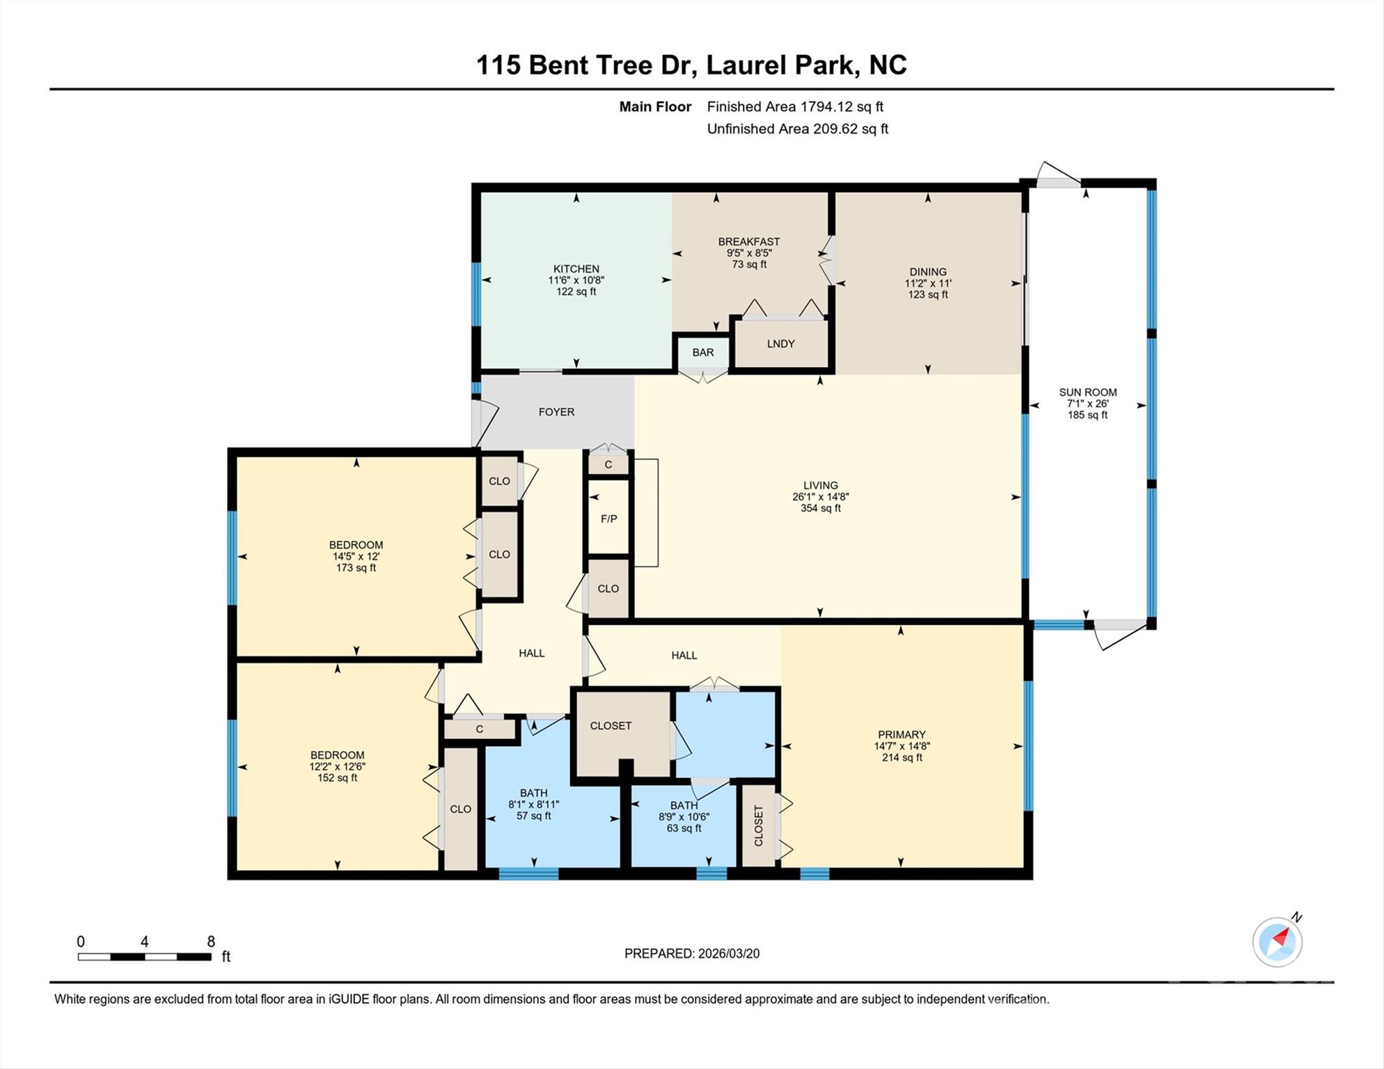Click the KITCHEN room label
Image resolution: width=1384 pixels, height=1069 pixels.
[576, 269]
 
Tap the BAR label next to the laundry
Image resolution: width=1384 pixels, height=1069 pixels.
[702, 352]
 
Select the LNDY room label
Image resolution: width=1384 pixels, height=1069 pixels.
[780, 344]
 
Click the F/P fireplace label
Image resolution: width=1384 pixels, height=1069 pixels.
[608, 519]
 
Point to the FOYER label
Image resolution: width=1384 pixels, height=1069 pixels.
[556, 412]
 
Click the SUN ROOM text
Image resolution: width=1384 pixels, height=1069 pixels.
[1087, 393]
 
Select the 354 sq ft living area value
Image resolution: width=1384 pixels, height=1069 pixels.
[820, 509]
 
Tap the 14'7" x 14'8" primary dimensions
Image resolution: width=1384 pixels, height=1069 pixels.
[902, 746]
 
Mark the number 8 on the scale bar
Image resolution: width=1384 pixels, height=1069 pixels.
[211, 942]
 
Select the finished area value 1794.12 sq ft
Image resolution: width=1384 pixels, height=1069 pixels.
[841, 106]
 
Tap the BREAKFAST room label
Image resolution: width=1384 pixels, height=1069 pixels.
[749, 241]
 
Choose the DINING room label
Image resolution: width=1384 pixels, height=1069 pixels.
[927, 272]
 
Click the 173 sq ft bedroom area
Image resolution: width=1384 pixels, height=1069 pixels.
[356, 568]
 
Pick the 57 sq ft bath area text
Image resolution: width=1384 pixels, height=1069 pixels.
[533, 816]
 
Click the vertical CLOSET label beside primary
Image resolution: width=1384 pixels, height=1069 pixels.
[759, 826]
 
